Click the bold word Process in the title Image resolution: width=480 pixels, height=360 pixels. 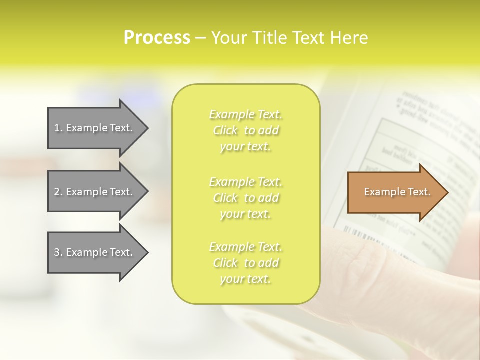[x=157, y=38]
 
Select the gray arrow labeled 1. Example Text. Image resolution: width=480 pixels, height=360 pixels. [x=95, y=128]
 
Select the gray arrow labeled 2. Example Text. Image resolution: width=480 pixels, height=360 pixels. [x=95, y=192]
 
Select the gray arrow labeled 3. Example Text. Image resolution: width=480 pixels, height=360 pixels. [x=95, y=252]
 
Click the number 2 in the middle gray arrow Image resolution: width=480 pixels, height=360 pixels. [x=56, y=192]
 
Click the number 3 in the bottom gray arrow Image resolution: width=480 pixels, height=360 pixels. [x=56, y=252]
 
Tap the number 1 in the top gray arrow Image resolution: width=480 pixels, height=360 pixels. [x=56, y=128]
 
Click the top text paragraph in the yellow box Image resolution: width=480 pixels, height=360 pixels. [x=246, y=131]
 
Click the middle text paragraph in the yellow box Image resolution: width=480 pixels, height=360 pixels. [x=246, y=198]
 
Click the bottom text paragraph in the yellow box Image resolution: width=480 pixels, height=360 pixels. [x=246, y=263]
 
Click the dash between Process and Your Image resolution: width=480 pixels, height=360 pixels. [x=201, y=38]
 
